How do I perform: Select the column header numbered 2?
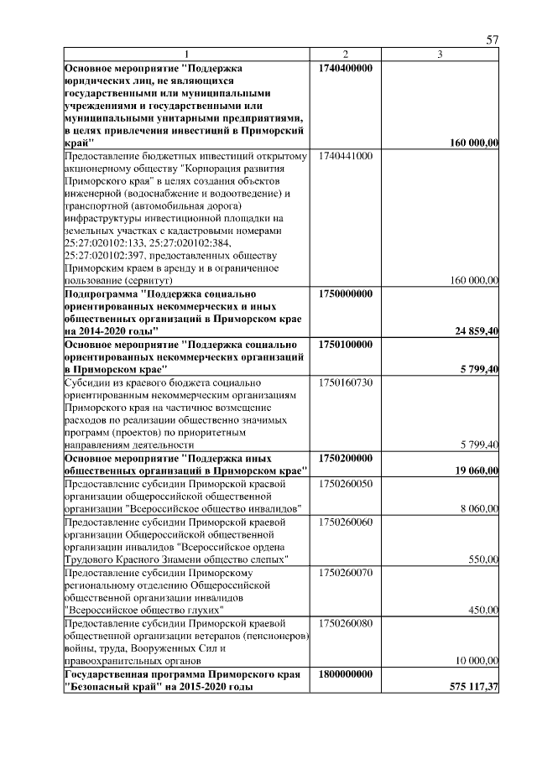[x=345, y=55]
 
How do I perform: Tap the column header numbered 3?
[x=441, y=55]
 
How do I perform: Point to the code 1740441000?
[x=345, y=155]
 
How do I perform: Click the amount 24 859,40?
[x=477, y=331]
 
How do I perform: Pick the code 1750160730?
[x=345, y=382]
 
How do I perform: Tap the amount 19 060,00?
[x=477, y=471]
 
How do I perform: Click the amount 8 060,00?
[x=479, y=509]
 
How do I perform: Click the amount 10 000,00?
[x=477, y=660]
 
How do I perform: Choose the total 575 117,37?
[x=474, y=687]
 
